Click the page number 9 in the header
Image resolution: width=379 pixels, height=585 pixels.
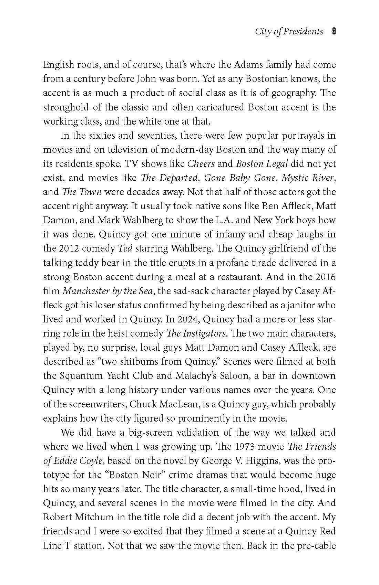click(333, 31)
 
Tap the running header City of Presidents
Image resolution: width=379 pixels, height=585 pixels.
click(289, 31)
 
